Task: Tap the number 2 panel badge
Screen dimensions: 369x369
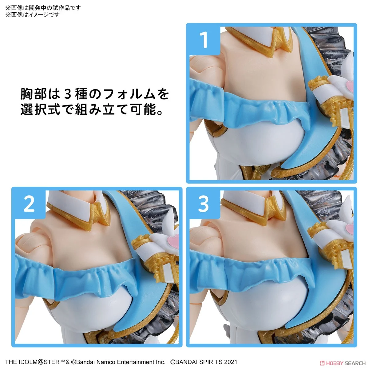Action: (29, 204)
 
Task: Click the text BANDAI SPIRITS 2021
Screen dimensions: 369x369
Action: (204, 362)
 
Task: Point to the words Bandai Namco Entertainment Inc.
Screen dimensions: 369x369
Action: (121, 362)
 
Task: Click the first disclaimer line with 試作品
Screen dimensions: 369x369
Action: (43, 8)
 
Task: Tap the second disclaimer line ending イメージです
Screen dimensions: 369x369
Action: (32, 15)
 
